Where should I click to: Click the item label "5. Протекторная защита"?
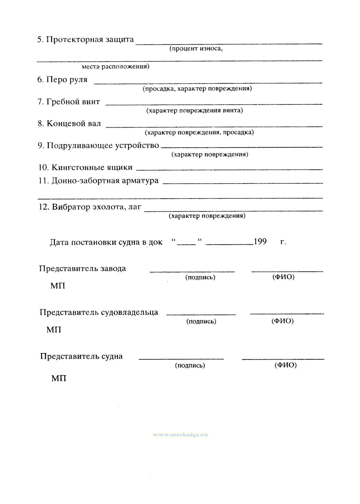pyautogui.click(x=85, y=40)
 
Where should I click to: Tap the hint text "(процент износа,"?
pyautogui.click(x=196, y=49)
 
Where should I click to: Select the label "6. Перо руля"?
pyautogui.click(x=62, y=80)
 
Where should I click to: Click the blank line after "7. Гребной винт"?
pyautogui.click(x=214, y=104)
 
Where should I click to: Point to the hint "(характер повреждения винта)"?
pyautogui.click(x=194, y=110)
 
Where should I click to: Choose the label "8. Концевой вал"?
pyautogui.click(x=69, y=123)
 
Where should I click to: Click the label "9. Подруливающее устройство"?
pyautogui.click(x=98, y=145)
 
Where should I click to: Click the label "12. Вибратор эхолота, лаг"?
pyautogui.click(x=90, y=207)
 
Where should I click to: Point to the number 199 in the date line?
pyautogui.click(x=260, y=242)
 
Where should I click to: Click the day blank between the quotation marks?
pyautogui.click(x=186, y=244)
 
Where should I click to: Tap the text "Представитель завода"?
pyautogui.click(x=82, y=268)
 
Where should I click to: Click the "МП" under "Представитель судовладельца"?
pyautogui.click(x=54, y=330)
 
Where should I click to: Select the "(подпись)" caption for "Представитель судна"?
pyautogui.click(x=190, y=365)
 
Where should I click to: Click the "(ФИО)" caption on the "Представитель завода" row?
pyautogui.click(x=283, y=277)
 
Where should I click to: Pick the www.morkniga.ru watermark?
pyautogui.click(x=181, y=434)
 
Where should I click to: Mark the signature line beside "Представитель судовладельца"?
pyautogui.click(x=201, y=314)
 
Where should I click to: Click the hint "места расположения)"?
pyautogui.click(x=115, y=66)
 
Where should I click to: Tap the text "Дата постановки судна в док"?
pyautogui.click(x=106, y=242)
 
